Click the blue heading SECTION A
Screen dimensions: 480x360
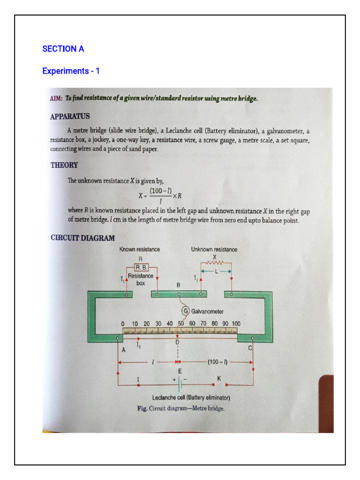(63, 49)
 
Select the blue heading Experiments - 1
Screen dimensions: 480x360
(71, 71)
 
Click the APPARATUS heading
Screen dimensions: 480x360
(70, 116)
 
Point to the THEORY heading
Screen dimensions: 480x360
(64, 165)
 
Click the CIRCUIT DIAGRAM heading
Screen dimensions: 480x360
(82, 238)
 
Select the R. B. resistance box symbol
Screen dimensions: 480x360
(141, 267)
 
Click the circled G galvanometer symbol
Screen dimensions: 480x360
(185, 311)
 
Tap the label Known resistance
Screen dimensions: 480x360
(140, 249)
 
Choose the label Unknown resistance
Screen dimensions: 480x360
(214, 249)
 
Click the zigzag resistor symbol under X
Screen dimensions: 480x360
(216, 263)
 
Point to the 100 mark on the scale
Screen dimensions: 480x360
(236, 323)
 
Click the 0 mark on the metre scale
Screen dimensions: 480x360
(122, 323)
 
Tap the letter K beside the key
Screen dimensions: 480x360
(218, 378)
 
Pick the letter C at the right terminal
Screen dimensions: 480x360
(250, 348)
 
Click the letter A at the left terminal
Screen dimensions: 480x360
(124, 350)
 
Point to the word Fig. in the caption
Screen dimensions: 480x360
(142, 408)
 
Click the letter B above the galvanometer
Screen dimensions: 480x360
(178, 285)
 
